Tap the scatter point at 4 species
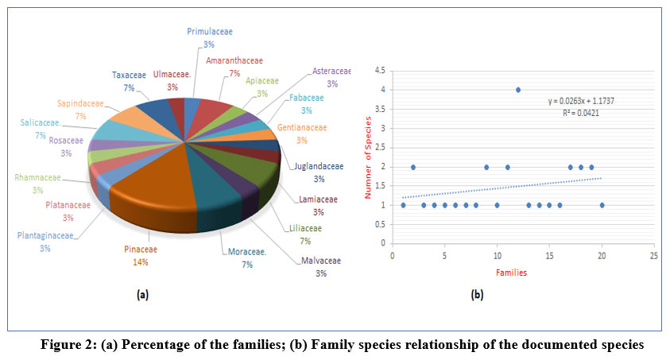(518, 90)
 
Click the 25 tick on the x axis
(653, 256)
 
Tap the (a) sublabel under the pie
(142, 295)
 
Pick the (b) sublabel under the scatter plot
(477, 295)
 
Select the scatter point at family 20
(602, 205)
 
